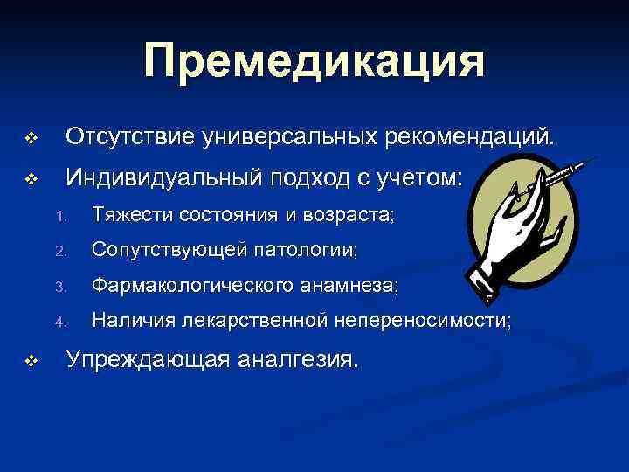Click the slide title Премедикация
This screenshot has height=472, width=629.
[314, 62]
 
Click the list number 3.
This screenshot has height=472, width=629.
[59, 287]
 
